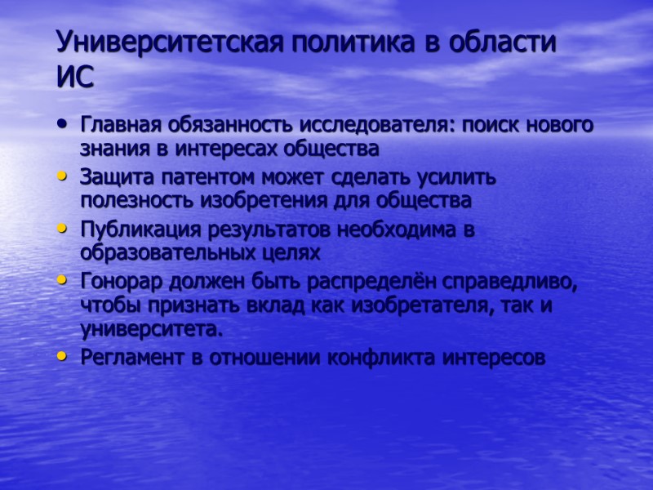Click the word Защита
point(113,177)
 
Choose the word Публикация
point(131,229)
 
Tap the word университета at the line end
point(150,329)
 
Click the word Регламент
point(122,357)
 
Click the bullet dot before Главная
point(63,126)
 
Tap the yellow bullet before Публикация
point(63,229)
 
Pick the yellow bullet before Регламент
point(63,357)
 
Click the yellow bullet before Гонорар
point(63,281)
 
